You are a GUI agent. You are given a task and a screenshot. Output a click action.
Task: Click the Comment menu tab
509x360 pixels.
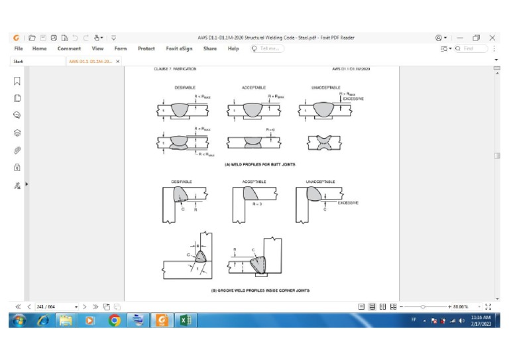pyautogui.click(x=69, y=48)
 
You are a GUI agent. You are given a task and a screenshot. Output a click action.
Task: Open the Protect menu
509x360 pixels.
pyautogui.click(x=146, y=48)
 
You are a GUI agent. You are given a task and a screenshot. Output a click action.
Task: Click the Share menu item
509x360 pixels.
pyautogui.click(x=210, y=48)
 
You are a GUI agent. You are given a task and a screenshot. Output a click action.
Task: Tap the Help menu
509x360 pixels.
pyautogui.click(x=233, y=48)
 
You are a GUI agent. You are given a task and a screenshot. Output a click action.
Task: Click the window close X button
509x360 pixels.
pyautogui.click(x=492, y=38)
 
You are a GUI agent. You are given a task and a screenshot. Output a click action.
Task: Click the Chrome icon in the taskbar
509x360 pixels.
pyautogui.click(x=115, y=322)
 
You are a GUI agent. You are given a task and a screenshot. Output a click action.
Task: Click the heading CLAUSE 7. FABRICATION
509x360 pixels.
pyautogui.click(x=171, y=68)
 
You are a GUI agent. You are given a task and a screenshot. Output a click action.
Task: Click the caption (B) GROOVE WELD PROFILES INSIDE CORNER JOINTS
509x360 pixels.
pyautogui.click(x=260, y=290)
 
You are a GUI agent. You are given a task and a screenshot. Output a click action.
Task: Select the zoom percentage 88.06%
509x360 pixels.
pyautogui.click(x=459, y=307)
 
